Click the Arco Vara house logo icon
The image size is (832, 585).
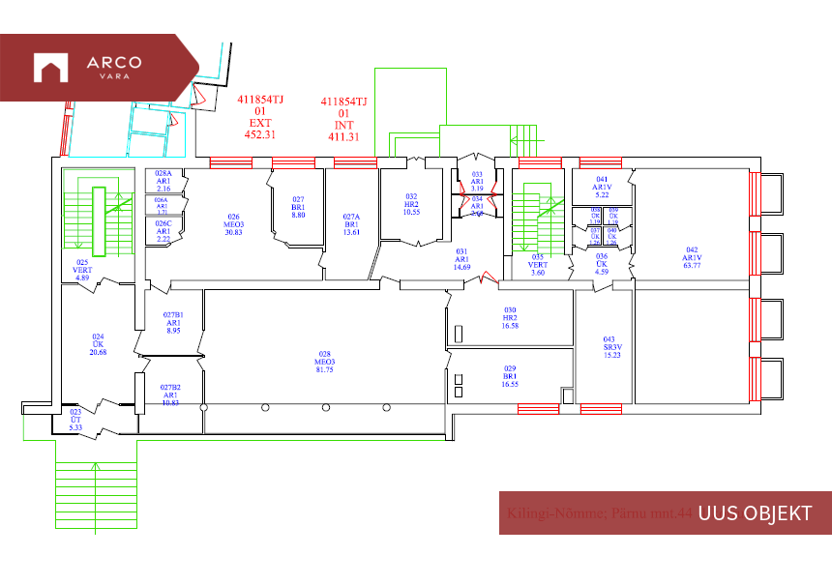click(x=49, y=68)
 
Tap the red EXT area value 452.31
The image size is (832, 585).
click(x=260, y=135)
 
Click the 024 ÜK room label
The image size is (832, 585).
click(x=98, y=344)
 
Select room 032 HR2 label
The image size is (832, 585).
click(x=411, y=204)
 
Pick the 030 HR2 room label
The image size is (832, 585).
click(x=510, y=318)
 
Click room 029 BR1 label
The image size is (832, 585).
click(x=510, y=376)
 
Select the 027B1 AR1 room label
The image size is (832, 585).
click(x=173, y=323)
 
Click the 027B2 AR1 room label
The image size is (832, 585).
click(x=170, y=395)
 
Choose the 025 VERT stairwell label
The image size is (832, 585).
click(x=82, y=270)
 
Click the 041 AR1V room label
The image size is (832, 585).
click(x=602, y=187)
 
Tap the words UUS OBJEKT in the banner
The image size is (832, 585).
click(x=755, y=513)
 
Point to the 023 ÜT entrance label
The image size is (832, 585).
click(x=76, y=420)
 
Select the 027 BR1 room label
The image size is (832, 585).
click(x=299, y=207)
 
